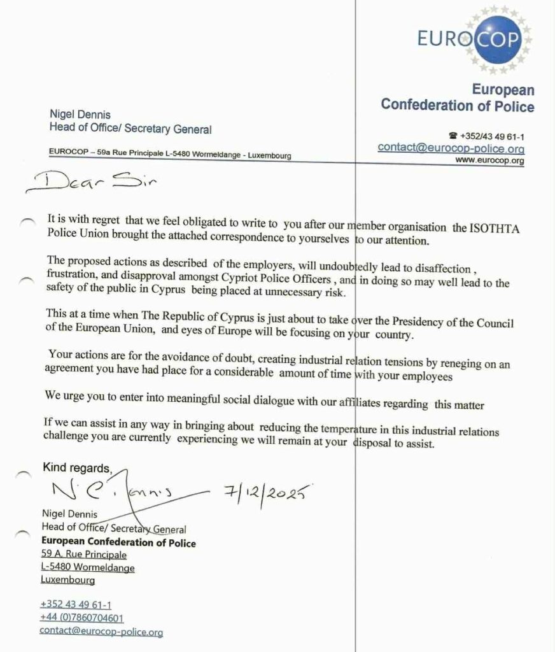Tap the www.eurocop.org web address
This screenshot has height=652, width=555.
pyautogui.click(x=491, y=161)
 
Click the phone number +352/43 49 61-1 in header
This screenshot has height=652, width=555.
pyautogui.click(x=490, y=136)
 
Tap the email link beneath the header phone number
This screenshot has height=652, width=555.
pyautogui.click(x=451, y=148)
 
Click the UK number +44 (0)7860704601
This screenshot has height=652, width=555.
pyautogui.click(x=81, y=618)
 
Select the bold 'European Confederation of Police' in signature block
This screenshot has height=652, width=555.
pyautogui.click(x=118, y=542)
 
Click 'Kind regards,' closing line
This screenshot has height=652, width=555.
pyautogui.click(x=76, y=468)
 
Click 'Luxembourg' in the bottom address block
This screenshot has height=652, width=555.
pyautogui.click(x=68, y=580)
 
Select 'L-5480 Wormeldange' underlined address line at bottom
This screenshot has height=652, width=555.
pyautogui.click(x=87, y=567)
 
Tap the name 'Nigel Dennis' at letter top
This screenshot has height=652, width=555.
pyautogui.click(x=80, y=115)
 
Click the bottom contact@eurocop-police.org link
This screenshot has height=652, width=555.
pyautogui.click(x=101, y=632)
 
